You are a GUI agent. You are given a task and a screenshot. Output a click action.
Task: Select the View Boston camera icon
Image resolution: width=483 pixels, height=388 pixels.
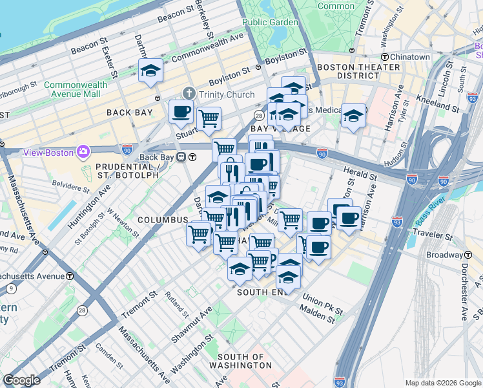[x=83, y=152]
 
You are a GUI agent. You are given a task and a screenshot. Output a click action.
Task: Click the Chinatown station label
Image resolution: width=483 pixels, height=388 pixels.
[x=410, y=57]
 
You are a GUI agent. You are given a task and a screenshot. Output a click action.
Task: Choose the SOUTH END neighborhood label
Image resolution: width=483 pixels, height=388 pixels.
[x=261, y=292]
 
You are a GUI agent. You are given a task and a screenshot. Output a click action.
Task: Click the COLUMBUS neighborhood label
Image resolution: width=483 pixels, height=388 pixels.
[x=162, y=220]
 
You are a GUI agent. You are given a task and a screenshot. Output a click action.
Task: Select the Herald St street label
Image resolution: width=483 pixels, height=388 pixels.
[x=361, y=175]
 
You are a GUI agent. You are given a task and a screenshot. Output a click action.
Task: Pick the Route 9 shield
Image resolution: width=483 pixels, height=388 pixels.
[x=11, y=289]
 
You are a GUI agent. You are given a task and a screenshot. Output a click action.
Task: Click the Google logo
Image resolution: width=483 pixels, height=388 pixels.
[x=22, y=380]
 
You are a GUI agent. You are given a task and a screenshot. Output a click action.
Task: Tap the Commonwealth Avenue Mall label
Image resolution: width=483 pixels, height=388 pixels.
[x=72, y=89]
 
